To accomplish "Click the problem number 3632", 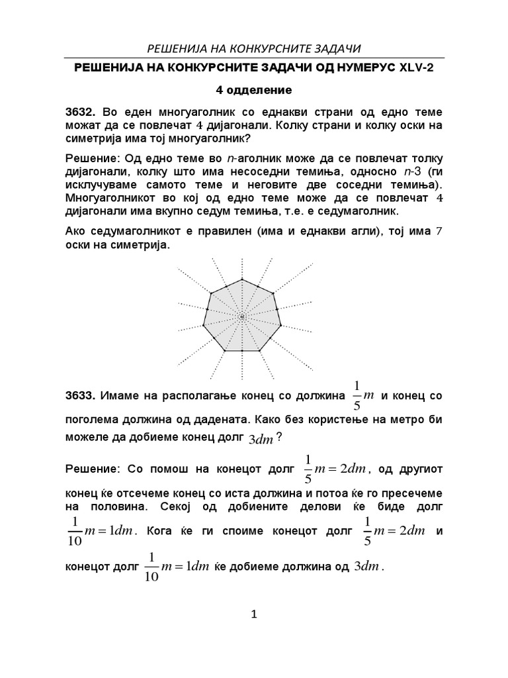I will [80, 112].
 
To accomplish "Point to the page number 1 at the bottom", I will [254, 615].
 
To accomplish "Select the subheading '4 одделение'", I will [253, 89].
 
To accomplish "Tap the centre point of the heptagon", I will [243, 318].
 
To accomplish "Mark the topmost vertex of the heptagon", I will [243, 279].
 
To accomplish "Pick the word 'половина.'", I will [118, 506].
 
